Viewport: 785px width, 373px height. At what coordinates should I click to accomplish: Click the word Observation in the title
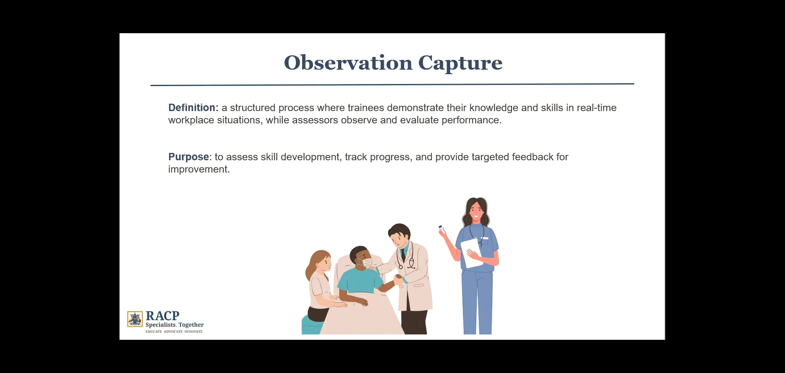point(348,63)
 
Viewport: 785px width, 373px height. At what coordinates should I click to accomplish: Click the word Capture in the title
point(460,63)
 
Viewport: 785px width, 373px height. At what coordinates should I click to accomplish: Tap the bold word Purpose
point(188,157)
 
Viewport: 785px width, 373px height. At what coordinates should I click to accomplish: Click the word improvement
point(199,169)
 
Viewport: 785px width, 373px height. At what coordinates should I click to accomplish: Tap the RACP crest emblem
point(135,319)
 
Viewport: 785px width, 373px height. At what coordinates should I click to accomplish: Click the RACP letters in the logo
point(162,316)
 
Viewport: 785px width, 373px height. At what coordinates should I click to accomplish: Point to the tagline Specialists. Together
point(174,325)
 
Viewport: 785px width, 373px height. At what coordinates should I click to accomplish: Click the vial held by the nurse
point(442,229)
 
